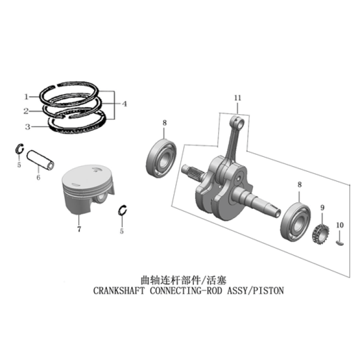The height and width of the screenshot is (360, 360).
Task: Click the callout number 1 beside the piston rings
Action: (x=26, y=97)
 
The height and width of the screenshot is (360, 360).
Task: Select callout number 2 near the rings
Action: (x=26, y=112)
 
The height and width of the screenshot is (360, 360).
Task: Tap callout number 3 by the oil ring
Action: (x=28, y=127)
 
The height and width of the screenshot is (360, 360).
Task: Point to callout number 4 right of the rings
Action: (x=124, y=104)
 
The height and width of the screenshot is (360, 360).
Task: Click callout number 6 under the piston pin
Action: (x=39, y=177)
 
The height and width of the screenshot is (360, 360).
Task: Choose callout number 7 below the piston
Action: (x=79, y=229)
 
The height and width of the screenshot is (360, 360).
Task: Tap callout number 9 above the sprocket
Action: (x=322, y=208)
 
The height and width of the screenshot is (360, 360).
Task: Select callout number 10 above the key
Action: (x=340, y=225)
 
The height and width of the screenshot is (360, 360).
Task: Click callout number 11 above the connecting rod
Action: (x=238, y=98)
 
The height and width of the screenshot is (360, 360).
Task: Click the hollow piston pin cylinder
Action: (x=41, y=160)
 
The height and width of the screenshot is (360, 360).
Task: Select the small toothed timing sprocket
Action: (x=320, y=234)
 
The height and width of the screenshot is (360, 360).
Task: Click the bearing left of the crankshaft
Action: (x=161, y=158)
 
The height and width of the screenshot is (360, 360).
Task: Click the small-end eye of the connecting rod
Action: (x=239, y=122)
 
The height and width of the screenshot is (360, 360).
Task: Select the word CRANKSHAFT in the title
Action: (x=119, y=291)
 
